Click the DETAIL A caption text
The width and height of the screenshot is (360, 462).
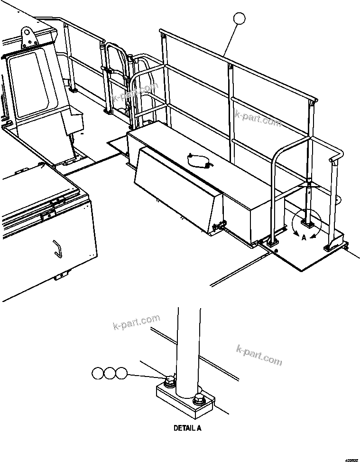click(187, 428)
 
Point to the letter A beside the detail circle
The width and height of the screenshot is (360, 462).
click(304, 238)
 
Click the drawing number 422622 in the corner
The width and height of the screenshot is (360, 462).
click(351, 459)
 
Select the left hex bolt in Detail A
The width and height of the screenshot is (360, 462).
click(169, 381)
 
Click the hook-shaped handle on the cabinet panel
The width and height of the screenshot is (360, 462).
click(57, 248)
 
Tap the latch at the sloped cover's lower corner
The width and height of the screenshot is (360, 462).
click(219, 227)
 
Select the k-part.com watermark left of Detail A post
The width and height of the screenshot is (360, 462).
click(136, 322)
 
